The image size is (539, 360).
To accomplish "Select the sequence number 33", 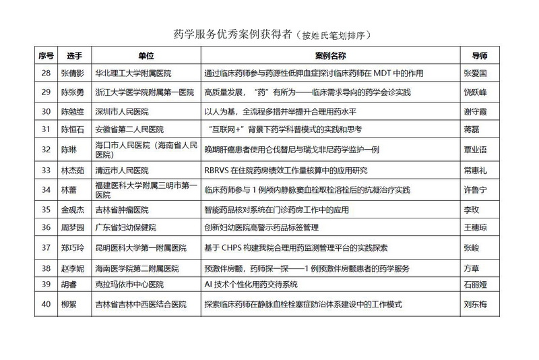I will coord(46,171).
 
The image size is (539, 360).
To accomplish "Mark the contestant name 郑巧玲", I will coord(73,247).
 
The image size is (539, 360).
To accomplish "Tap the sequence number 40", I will coord(46,303).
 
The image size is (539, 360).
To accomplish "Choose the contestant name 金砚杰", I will coord(73,210).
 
